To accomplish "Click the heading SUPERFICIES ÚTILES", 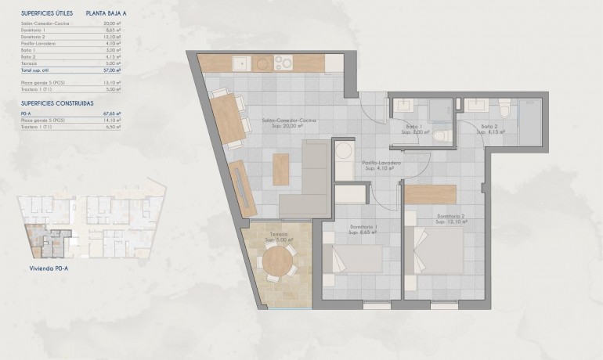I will [48, 13].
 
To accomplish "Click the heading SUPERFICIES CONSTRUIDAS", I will [58, 103].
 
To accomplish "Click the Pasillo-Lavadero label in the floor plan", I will [381, 163].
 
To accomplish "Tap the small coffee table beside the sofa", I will [280, 167].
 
